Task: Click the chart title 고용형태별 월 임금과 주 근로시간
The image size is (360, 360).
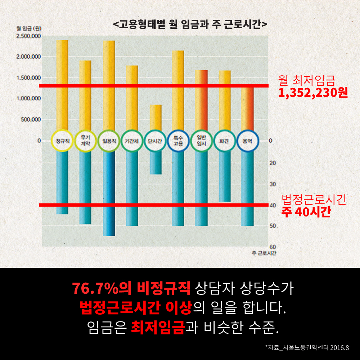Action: [190, 24]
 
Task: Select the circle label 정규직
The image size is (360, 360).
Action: [62, 141]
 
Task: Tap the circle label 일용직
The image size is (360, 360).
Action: [109, 141]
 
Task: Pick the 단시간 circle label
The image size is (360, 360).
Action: [155, 141]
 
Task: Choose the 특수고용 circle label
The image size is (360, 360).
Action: [179, 141]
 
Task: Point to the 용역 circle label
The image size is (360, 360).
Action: [248, 141]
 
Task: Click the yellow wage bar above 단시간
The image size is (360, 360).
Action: [156, 118]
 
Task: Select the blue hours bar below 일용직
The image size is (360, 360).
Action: [109, 193]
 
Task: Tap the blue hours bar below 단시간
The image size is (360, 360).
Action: [156, 163]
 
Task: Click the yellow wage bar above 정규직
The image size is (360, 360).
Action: [62, 85]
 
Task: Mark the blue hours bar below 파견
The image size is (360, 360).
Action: [225, 176]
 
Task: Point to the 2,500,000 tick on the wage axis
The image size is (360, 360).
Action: [28, 36]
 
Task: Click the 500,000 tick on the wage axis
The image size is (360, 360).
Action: [31, 120]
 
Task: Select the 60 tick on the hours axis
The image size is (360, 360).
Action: [273, 247]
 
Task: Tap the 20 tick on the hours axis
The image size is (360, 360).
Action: [273, 163]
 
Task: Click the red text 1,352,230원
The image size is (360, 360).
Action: [313, 93]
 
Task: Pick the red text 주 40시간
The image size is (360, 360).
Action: [306, 212]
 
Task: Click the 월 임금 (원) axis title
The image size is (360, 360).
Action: [29, 28]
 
